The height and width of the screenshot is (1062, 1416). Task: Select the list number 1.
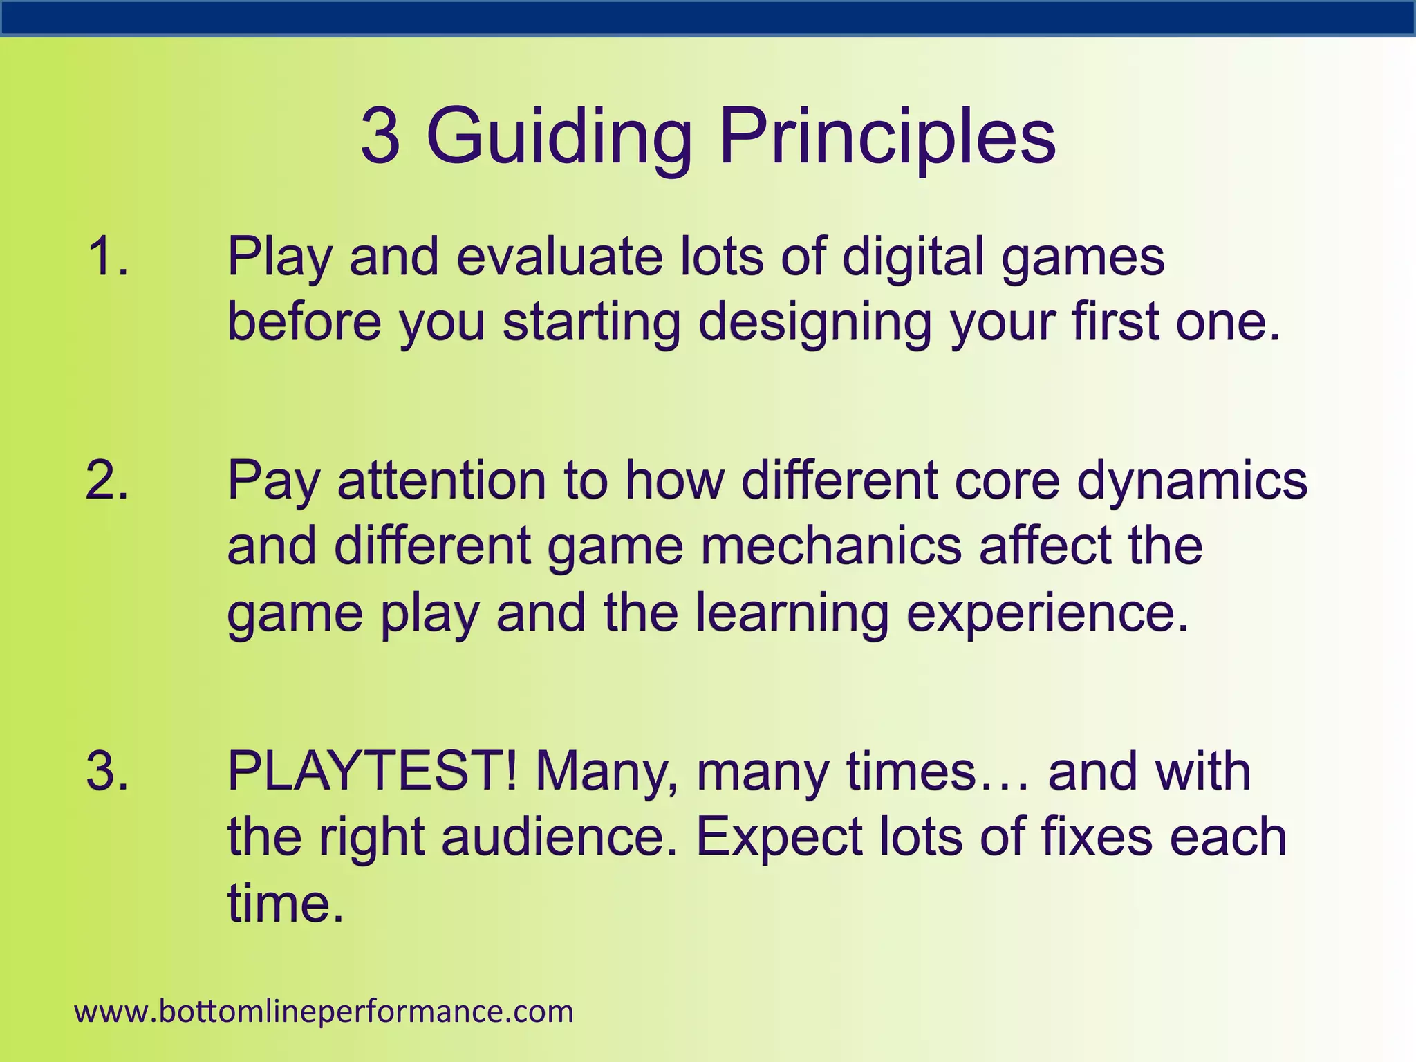pos(108,257)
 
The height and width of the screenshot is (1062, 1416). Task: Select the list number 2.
pos(108,480)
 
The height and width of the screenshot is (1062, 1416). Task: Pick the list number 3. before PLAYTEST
pos(108,771)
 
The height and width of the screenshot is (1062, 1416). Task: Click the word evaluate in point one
pos(559,257)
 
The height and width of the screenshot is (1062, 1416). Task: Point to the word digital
pos(913,257)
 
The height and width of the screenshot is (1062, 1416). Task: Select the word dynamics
pos(1192,480)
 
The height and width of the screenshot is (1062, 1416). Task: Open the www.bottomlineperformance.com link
pos(324,1012)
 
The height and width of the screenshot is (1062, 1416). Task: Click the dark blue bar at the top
pos(708,18)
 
